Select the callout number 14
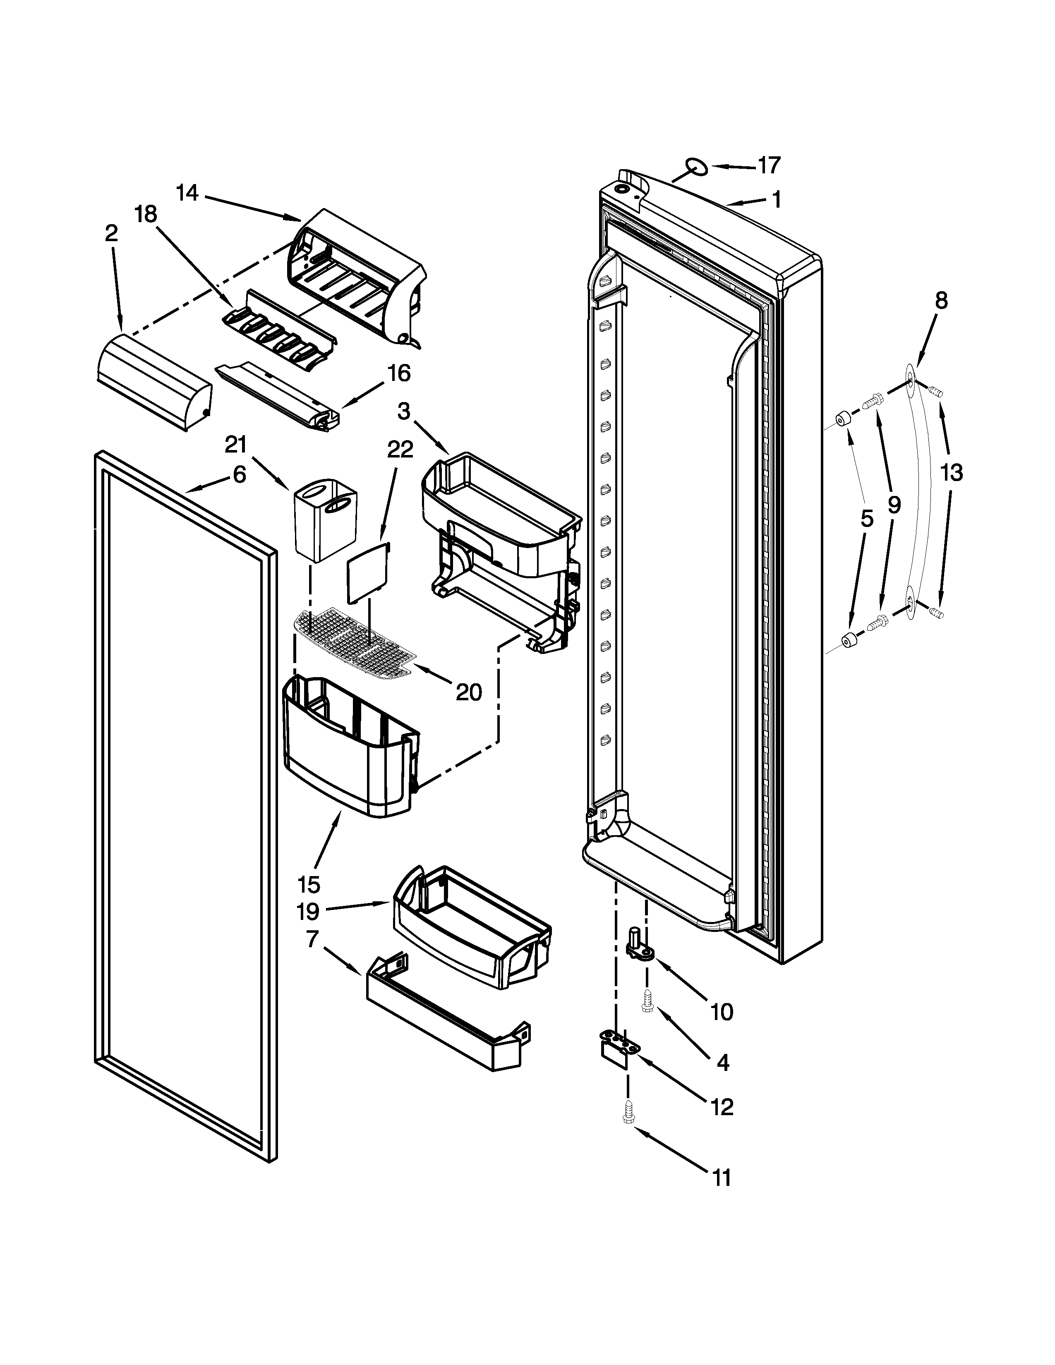coord(187,193)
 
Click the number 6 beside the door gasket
coord(240,475)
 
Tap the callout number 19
coord(307,912)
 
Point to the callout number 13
coord(951,473)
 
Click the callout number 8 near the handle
coord(941,301)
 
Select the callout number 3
coord(404,411)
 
